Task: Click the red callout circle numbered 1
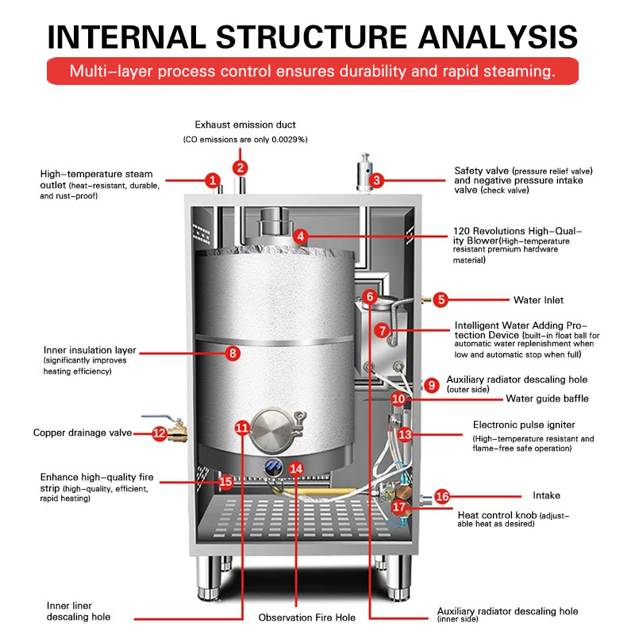[x=212, y=180]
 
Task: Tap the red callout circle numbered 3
[x=377, y=180]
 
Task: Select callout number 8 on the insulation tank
[x=232, y=354]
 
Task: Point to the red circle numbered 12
[x=159, y=433]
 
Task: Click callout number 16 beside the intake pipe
[x=442, y=496]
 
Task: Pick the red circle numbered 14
[x=296, y=468]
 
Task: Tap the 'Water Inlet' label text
[x=537, y=300]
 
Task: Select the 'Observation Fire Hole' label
[x=306, y=618]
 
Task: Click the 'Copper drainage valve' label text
[x=82, y=433]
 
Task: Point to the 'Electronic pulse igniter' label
[x=523, y=425]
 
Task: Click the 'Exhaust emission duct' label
[x=245, y=125]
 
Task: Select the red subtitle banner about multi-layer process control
[x=311, y=71]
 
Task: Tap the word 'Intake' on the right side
[x=546, y=496]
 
